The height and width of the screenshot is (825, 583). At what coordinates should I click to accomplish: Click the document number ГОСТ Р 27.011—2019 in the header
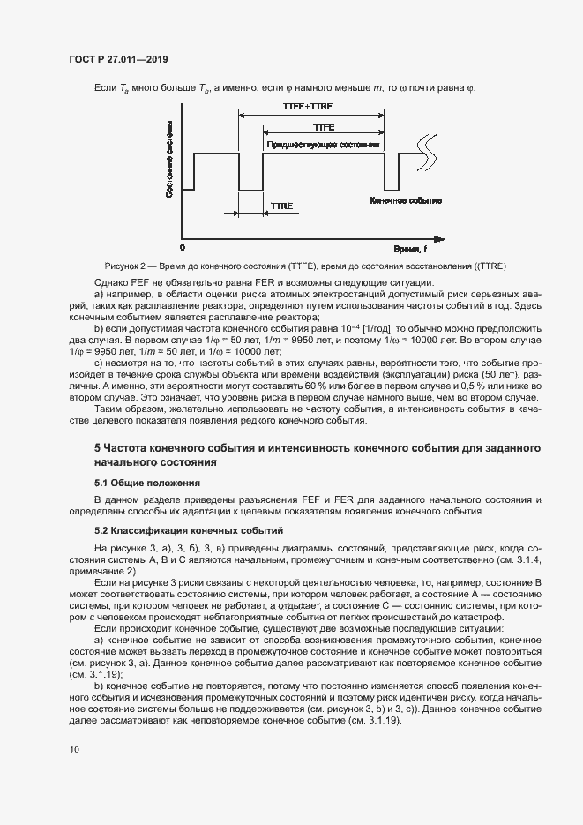(117, 60)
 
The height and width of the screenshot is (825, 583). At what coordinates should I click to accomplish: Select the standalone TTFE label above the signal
(324, 128)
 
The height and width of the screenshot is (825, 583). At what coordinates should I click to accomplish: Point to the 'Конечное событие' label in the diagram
(406, 201)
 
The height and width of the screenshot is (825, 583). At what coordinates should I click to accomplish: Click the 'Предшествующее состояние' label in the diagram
(323, 145)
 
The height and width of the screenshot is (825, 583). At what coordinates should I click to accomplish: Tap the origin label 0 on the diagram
(183, 249)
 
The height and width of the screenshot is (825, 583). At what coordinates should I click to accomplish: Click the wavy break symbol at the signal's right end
(428, 143)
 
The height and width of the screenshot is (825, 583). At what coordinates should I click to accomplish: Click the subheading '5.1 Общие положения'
(147, 483)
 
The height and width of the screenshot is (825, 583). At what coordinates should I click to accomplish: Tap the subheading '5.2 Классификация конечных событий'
(188, 530)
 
